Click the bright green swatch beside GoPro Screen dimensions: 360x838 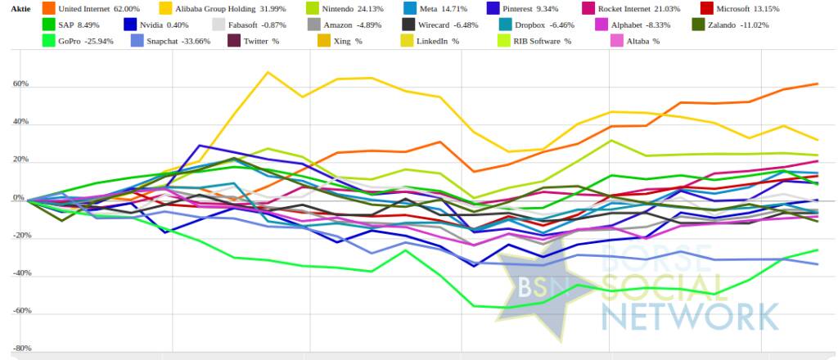coord(46,40)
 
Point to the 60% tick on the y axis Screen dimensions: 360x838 coord(20,83)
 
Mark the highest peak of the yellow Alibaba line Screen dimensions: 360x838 coord(268,72)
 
